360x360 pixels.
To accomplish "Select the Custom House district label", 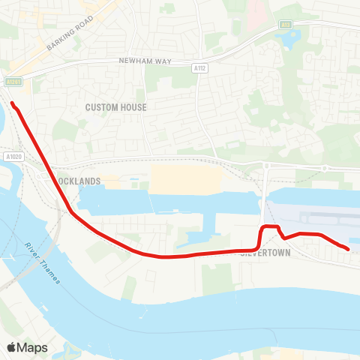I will [115, 107].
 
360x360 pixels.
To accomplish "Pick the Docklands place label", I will [79, 181].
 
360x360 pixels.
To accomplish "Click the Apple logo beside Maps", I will [12, 347].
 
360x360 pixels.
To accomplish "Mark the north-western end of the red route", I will [12, 103].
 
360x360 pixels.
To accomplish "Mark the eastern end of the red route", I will [348, 248].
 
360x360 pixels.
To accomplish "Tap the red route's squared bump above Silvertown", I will [270, 226].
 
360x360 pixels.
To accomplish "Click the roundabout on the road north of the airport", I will [325, 168].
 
